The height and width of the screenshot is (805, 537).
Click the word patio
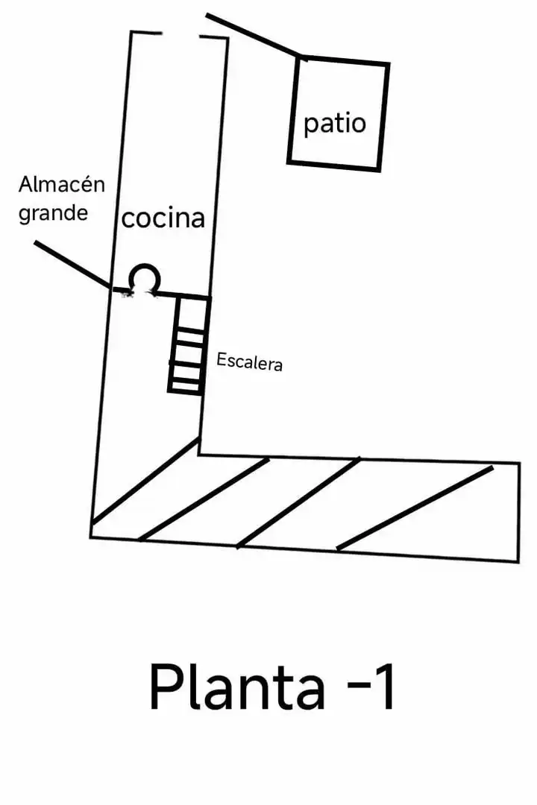[335, 124]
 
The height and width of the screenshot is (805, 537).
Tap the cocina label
[163, 218]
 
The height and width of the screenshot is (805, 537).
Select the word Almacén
[62, 184]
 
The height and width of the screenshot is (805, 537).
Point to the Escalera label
[249, 362]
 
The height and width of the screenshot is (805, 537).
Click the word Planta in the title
[237, 687]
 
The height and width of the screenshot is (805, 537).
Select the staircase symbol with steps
[188, 345]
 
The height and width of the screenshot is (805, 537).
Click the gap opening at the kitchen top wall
[180, 35]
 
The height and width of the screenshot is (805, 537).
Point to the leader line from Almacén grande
[72, 265]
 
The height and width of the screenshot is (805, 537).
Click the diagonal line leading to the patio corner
[253, 35]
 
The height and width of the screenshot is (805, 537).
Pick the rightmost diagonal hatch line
[415, 508]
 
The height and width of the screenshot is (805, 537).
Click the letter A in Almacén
[27, 184]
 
